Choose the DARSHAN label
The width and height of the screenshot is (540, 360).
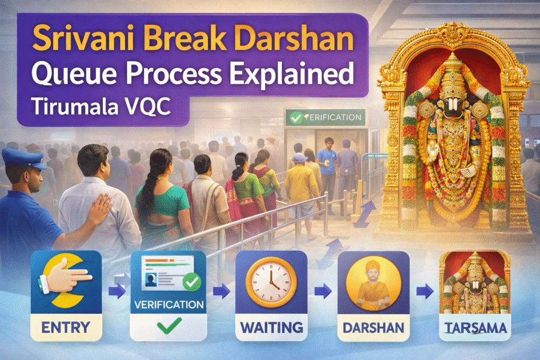(x=373, y=327)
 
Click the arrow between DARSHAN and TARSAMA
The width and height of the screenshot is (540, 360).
(x=422, y=289)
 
